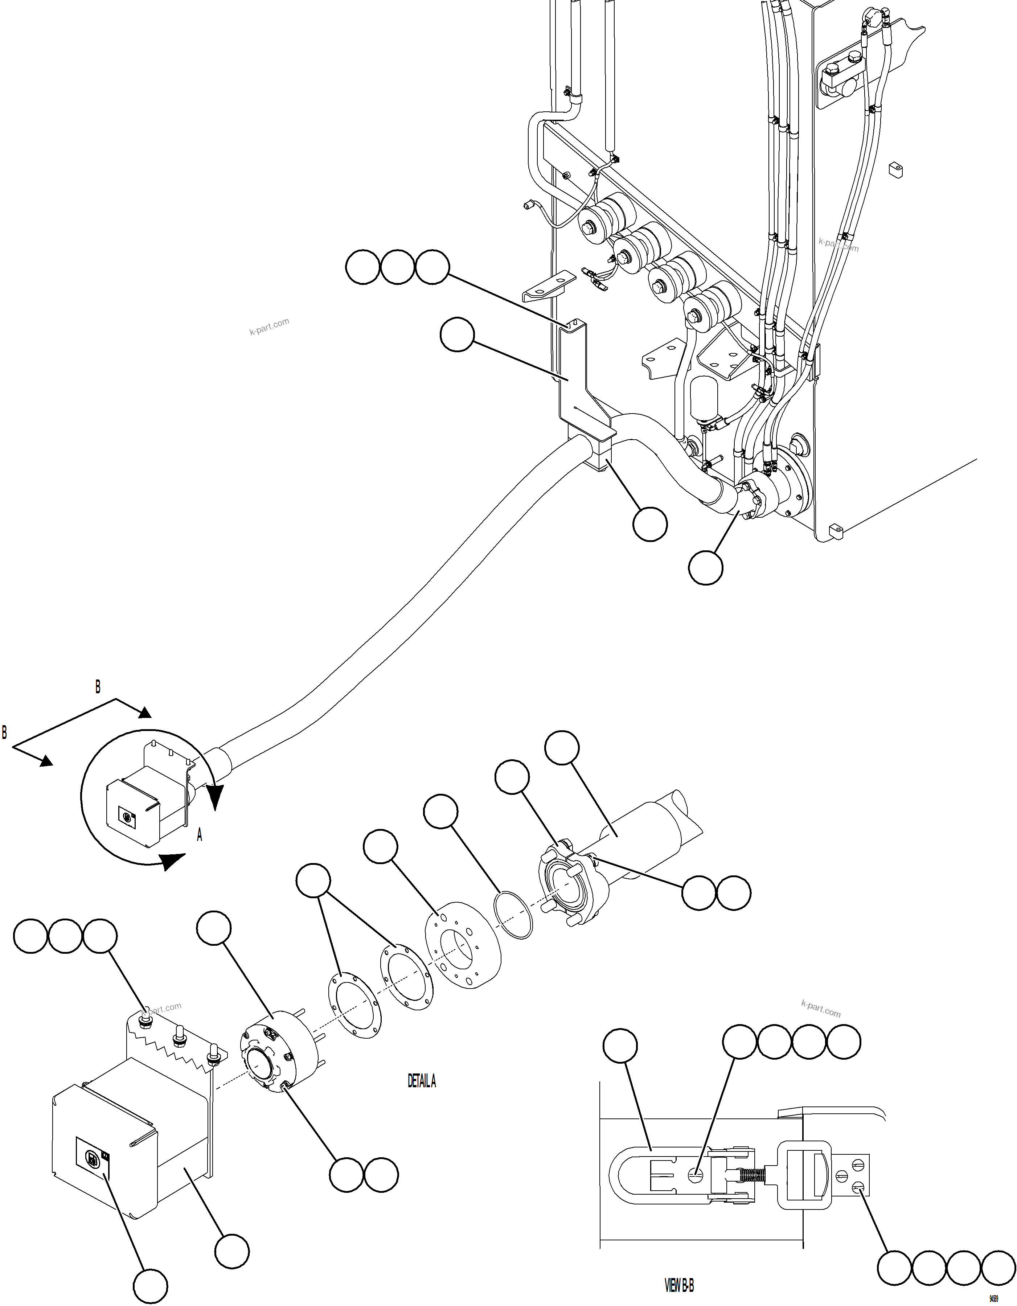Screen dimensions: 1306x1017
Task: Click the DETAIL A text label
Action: tap(421, 1081)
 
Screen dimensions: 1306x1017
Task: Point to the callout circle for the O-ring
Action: tap(440, 812)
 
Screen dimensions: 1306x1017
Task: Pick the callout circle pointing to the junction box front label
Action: tap(149, 1287)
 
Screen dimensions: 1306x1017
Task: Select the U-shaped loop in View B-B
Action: tap(616, 1176)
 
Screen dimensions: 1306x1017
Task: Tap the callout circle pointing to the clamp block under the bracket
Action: tap(650, 525)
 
